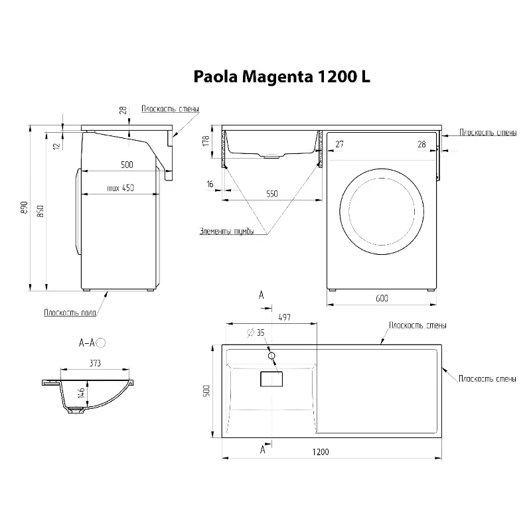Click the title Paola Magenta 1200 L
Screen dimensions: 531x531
[x=281, y=77]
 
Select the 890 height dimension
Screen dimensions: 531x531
[x=24, y=208]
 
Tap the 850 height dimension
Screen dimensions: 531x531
[x=40, y=211]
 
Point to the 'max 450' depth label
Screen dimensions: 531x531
[x=121, y=188]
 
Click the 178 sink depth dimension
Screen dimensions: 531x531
[x=206, y=141]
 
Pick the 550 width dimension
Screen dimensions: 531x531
[x=272, y=194]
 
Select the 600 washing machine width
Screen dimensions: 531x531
[x=382, y=298]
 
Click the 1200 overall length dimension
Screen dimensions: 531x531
[x=321, y=452]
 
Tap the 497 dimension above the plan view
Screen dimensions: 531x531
[x=284, y=317]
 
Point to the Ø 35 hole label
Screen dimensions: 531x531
[x=256, y=333]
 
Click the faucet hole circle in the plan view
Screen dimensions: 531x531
[x=271, y=356]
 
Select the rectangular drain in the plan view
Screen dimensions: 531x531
[x=271, y=379]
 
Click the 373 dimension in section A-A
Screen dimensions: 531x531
[x=95, y=363]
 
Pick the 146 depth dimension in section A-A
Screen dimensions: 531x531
[x=80, y=393]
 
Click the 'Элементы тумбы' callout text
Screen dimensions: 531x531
[x=226, y=231]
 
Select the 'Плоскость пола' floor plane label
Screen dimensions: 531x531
[x=70, y=312]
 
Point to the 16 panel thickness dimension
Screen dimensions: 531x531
[x=210, y=184]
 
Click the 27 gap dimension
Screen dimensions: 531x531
[x=339, y=144]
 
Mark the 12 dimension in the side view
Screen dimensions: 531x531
[x=56, y=146]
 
